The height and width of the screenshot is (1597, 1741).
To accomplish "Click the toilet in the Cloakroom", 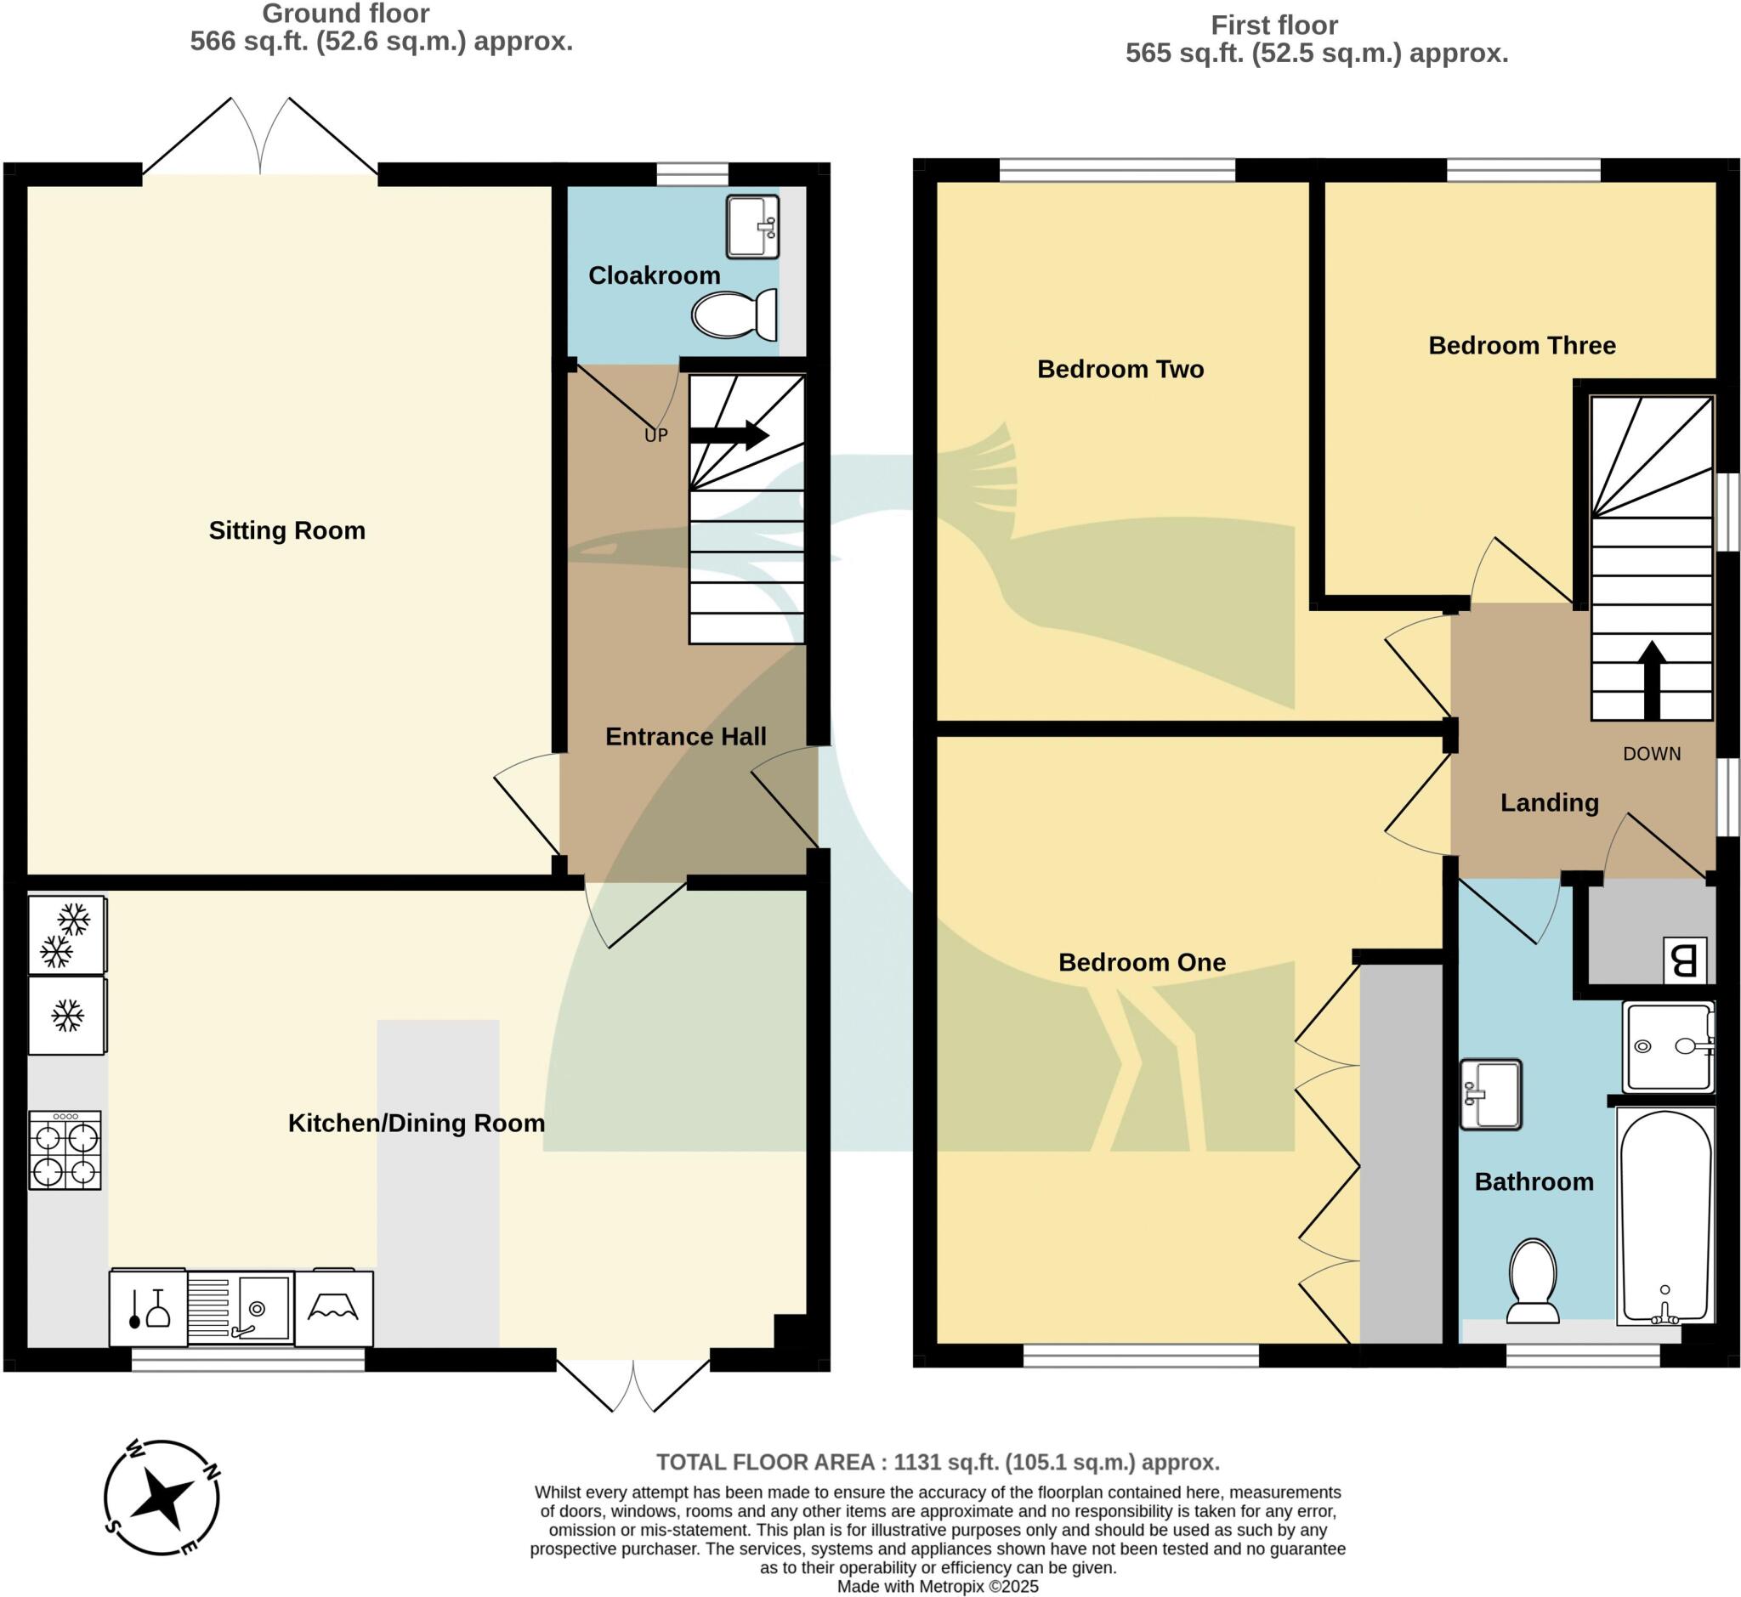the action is coord(734,315).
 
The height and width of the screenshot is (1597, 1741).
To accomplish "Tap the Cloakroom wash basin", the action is coord(752,226).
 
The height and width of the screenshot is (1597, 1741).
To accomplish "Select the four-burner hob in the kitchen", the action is coord(65,1150).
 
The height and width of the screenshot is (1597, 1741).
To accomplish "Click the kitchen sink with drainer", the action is coord(241,1307).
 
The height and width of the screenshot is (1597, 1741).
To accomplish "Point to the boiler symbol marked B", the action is coord(1685,960).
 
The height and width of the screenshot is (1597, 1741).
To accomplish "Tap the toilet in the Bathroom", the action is coord(1533,1281).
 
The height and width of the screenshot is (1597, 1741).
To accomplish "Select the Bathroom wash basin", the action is coord(1490,1095).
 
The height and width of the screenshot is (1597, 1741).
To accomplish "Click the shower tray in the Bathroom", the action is coord(1669,1046).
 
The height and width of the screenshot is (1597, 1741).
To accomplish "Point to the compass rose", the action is coord(162,1498).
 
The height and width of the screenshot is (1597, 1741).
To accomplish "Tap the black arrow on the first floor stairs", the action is coord(1652,680).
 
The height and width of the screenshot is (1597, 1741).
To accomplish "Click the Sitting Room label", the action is coord(287,530).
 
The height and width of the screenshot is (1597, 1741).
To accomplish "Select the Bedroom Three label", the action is coord(1522,346).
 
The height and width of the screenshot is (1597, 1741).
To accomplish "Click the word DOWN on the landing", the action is coord(1652,754).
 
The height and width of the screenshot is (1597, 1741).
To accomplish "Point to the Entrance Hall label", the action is coord(685,736).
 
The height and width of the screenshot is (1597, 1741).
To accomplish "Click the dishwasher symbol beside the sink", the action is coord(148,1307).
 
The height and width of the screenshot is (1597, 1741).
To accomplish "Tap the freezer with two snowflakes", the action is coord(66,935).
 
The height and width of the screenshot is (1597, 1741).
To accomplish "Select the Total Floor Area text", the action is coord(938,1462).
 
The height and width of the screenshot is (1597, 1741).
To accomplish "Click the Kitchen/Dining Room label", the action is coord(417,1123).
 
